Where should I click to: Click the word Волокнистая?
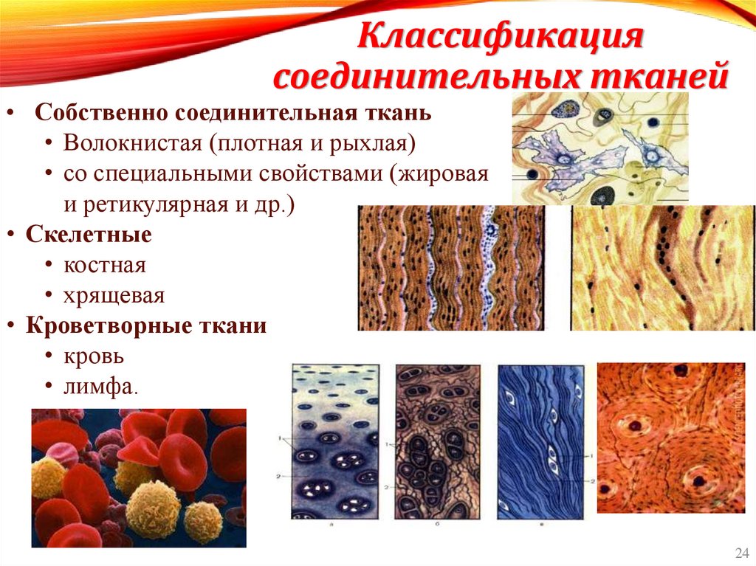(x=133, y=142)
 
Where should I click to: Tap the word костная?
(x=105, y=265)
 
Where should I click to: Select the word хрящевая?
(x=114, y=296)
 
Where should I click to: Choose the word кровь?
(x=93, y=356)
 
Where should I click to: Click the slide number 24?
(x=740, y=553)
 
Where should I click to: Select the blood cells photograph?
(x=139, y=478)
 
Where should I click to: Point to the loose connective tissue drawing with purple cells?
(x=600, y=148)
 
